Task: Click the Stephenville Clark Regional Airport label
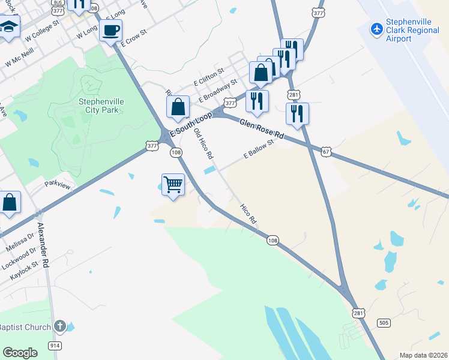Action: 412,29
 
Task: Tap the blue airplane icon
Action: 377,29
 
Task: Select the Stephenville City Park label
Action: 101,106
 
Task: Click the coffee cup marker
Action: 111,31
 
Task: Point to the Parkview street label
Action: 57,187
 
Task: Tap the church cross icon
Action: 59,326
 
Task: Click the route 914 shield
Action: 54,346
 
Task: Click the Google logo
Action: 20,353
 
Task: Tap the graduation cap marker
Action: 8,28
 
